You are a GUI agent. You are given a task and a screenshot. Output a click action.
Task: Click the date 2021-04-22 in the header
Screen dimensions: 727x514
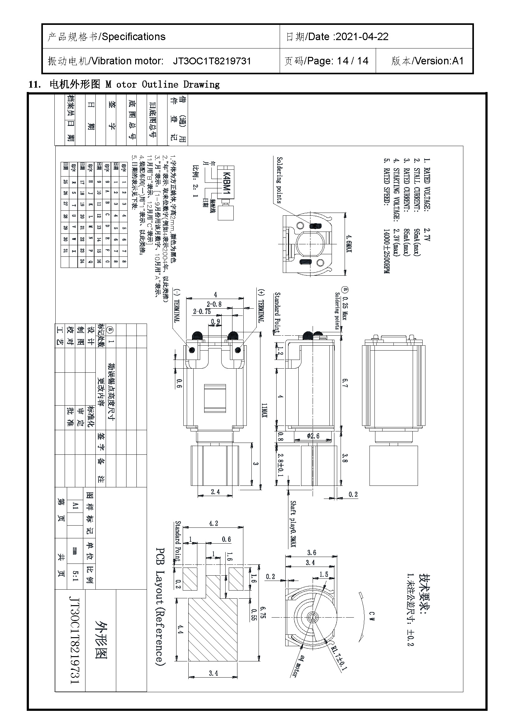[362, 37]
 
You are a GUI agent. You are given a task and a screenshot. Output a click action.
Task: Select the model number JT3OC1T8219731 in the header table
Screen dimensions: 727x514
[212, 61]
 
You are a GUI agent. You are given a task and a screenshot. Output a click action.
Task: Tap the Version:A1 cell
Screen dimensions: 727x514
[427, 61]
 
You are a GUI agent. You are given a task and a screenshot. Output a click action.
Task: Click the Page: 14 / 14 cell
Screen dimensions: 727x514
[326, 61]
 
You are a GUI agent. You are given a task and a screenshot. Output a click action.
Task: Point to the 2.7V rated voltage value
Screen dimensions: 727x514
[427, 235]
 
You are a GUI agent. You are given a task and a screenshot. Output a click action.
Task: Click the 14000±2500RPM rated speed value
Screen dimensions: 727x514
[387, 251]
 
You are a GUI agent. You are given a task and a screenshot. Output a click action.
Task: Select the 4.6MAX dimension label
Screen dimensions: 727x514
[349, 243]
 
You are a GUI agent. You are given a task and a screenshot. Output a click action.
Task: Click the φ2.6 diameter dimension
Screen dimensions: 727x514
[313, 436]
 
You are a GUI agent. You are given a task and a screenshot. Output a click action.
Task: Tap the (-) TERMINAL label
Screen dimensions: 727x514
[177, 306]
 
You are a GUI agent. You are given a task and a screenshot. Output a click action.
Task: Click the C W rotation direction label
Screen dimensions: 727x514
[372, 616]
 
